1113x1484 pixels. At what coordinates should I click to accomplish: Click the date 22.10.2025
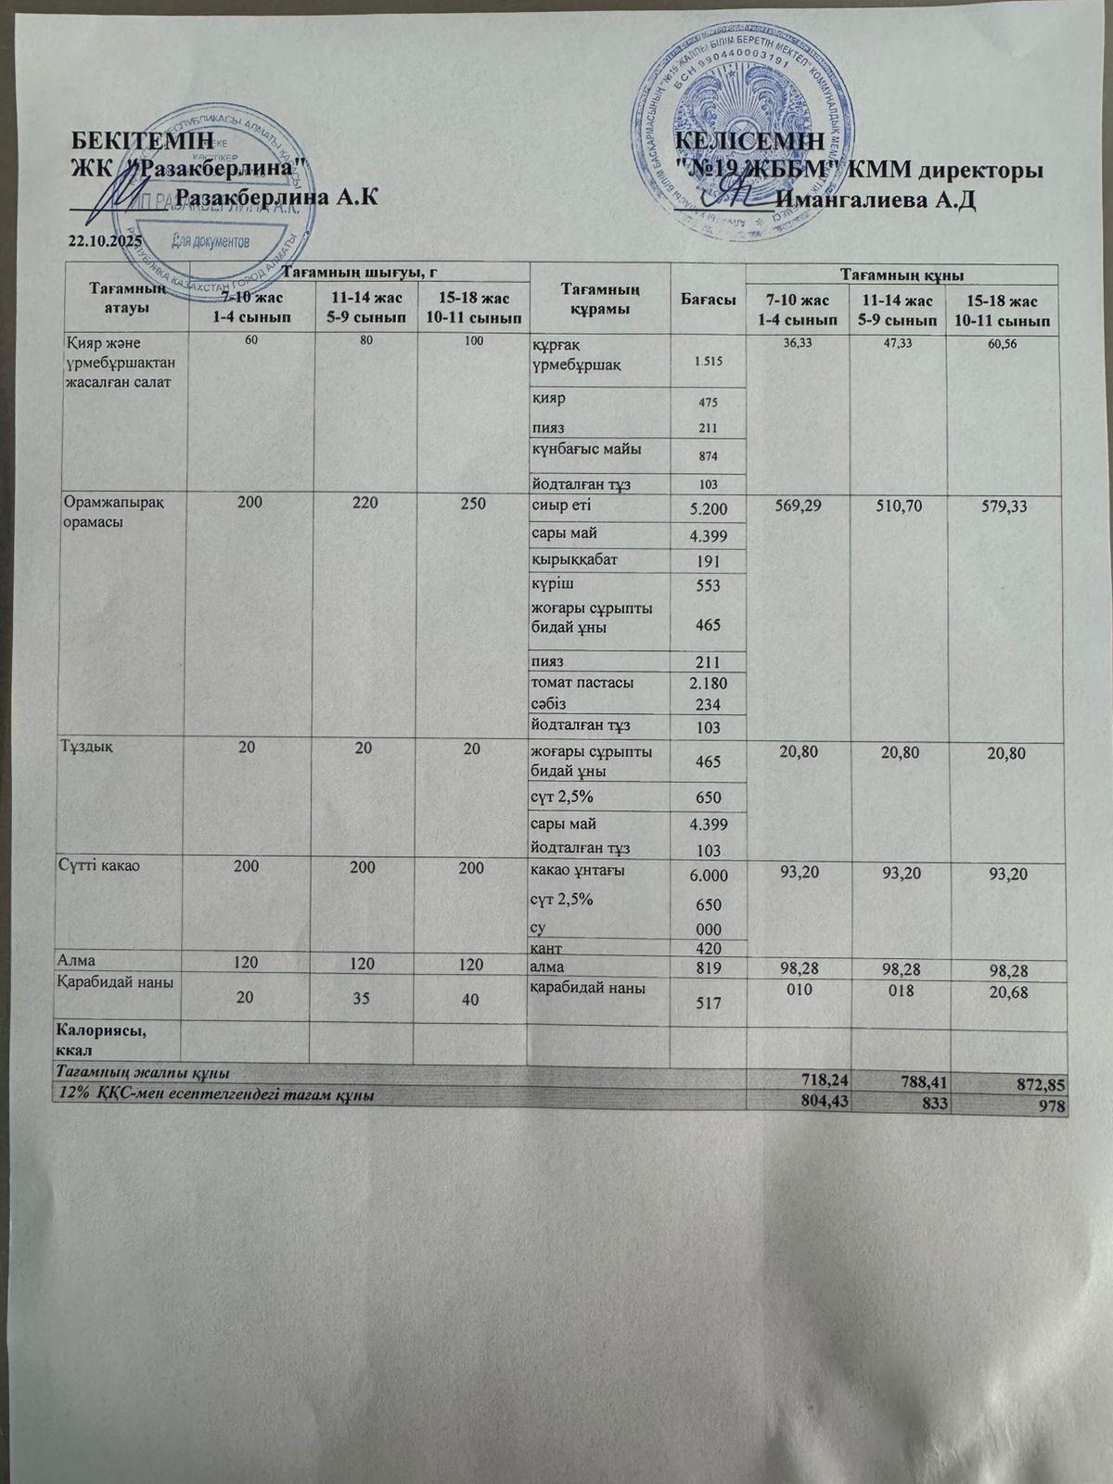tap(104, 241)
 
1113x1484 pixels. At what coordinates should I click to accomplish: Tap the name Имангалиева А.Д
tap(876, 200)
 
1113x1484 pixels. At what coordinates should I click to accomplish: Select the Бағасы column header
tap(708, 300)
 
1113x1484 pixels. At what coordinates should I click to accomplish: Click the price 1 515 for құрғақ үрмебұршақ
tap(708, 361)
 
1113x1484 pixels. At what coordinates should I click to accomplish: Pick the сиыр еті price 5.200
tap(709, 508)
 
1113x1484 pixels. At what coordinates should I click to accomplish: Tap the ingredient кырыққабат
tap(574, 559)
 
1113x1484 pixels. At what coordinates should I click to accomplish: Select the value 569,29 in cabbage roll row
tap(797, 507)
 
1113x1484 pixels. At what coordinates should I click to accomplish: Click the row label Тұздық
tap(88, 748)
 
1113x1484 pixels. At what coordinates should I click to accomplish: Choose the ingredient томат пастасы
tap(582, 683)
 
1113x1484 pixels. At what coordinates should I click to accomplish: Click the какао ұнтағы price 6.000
tap(709, 876)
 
